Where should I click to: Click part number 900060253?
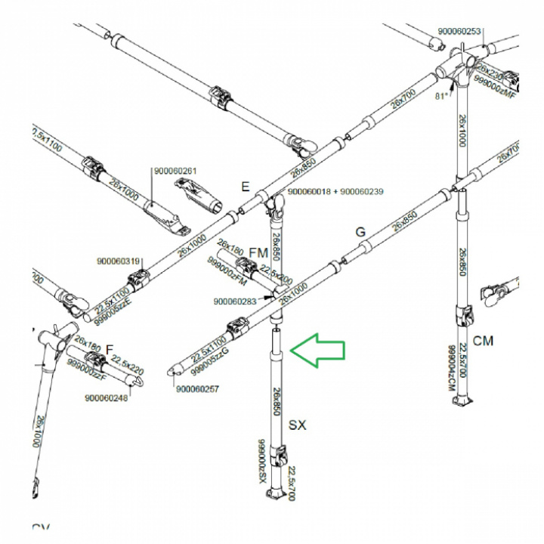459,32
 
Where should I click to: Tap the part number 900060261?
174,171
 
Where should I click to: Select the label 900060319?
119,262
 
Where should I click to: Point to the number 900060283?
235,301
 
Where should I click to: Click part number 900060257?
197,389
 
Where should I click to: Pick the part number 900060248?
106,398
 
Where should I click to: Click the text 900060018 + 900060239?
336,192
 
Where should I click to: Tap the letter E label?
245,187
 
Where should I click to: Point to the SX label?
298,425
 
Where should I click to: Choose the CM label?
483,341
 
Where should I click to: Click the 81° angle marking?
443,97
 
